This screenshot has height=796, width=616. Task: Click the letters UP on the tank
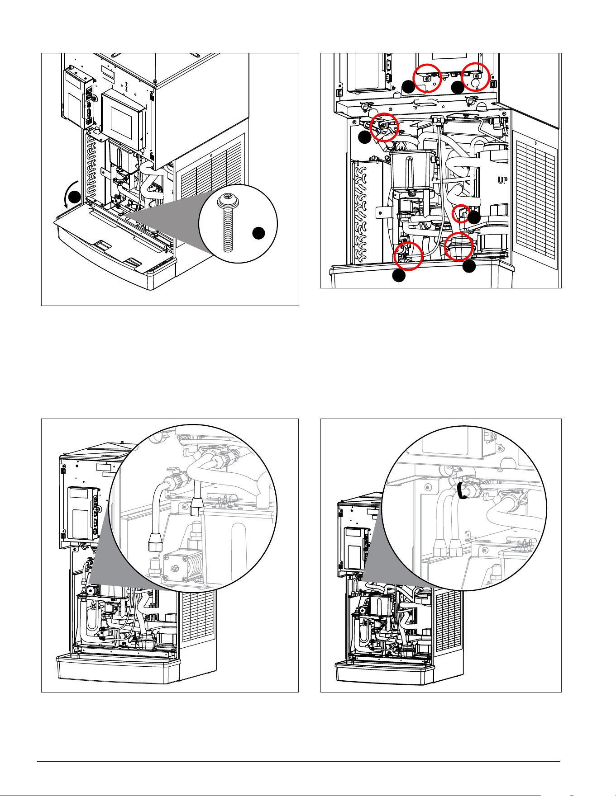coord(502,180)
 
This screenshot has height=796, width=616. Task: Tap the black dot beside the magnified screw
coord(258,233)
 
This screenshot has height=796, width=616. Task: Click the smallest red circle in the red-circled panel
coord(461,214)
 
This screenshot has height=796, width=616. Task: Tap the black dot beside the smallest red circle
coord(474,218)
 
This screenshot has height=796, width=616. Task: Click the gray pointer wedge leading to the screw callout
coord(167,212)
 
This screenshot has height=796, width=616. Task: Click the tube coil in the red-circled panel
coord(364,212)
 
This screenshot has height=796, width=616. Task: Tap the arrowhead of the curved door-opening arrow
coord(67,206)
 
